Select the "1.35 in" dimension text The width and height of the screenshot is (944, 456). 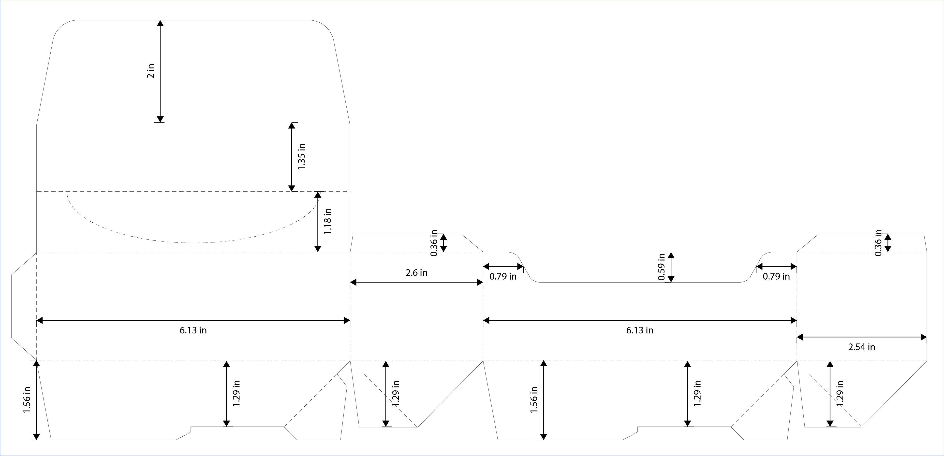tap(301, 157)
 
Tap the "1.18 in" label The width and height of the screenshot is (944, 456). tap(328, 222)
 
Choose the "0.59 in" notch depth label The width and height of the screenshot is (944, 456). tap(661, 267)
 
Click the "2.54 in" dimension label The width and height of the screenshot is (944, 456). tap(862, 347)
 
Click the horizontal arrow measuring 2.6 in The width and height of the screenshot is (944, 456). tap(416, 282)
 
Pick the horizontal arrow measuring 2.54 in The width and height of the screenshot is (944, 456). tap(862, 337)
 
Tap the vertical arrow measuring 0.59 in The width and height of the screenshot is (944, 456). tap(671, 267)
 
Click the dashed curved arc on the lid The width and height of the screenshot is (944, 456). tap(191, 242)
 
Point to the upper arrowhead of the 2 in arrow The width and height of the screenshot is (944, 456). tap(160, 23)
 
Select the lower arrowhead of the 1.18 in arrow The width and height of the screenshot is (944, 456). tap(318, 249)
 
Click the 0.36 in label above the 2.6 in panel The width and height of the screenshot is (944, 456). tap(434, 242)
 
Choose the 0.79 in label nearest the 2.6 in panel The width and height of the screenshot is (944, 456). tap(503, 277)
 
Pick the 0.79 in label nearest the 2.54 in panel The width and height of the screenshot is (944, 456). tap(776, 277)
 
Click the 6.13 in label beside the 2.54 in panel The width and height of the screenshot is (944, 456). tap(639, 330)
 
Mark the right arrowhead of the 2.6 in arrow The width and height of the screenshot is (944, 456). tap(479, 282)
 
